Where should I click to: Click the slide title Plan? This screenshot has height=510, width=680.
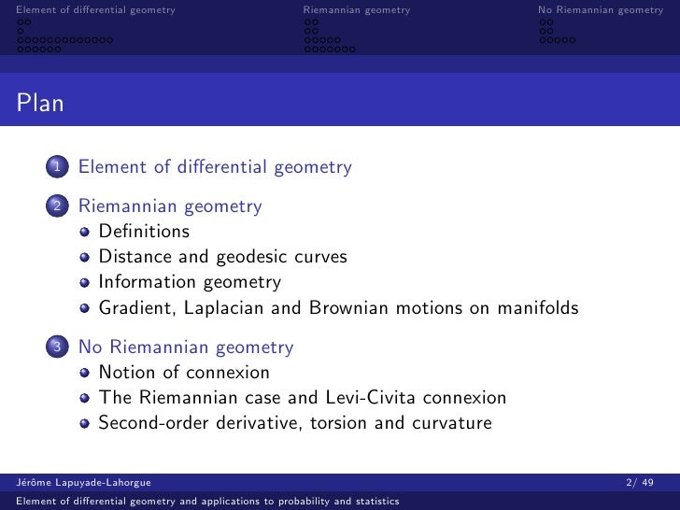pos(39,103)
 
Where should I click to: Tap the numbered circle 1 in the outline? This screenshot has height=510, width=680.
pos(58,168)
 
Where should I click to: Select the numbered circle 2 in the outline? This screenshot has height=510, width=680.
pos(58,206)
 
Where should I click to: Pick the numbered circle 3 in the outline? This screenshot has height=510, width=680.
pos(58,347)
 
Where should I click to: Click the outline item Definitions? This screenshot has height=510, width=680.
pos(144,231)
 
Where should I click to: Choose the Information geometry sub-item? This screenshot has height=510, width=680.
pos(190,282)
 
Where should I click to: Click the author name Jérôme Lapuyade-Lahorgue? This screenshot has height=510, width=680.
pos(85,482)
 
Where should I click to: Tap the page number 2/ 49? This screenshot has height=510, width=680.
pos(645,482)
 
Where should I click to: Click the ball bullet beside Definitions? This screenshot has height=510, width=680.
pos(86,232)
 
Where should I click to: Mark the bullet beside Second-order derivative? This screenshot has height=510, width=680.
pos(86,424)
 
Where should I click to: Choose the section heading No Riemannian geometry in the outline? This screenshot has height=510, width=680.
pos(186,347)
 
